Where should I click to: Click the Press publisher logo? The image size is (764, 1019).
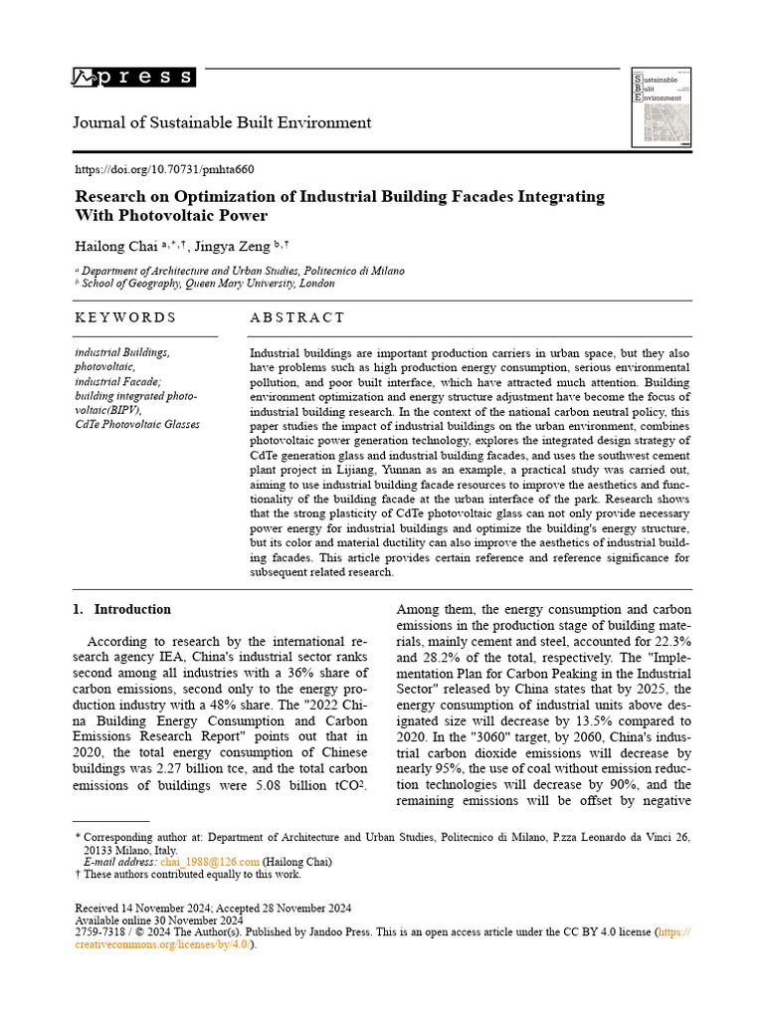click(133, 78)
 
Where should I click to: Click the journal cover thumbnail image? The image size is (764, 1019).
click(662, 108)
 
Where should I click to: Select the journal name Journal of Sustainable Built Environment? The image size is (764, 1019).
click(223, 122)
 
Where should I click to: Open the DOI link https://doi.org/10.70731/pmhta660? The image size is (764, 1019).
click(165, 169)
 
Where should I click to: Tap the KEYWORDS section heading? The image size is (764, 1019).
click(125, 317)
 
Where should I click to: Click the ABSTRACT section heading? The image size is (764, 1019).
click(296, 317)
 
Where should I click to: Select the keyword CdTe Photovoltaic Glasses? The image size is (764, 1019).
click(137, 424)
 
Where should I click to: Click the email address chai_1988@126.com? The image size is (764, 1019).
click(216, 862)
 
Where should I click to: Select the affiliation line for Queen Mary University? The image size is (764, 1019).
click(208, 284)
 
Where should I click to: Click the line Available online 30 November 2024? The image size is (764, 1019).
click(159, 920)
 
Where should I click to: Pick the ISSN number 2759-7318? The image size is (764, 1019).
click(99, 932)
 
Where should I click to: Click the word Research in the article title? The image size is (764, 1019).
click(112, 196)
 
